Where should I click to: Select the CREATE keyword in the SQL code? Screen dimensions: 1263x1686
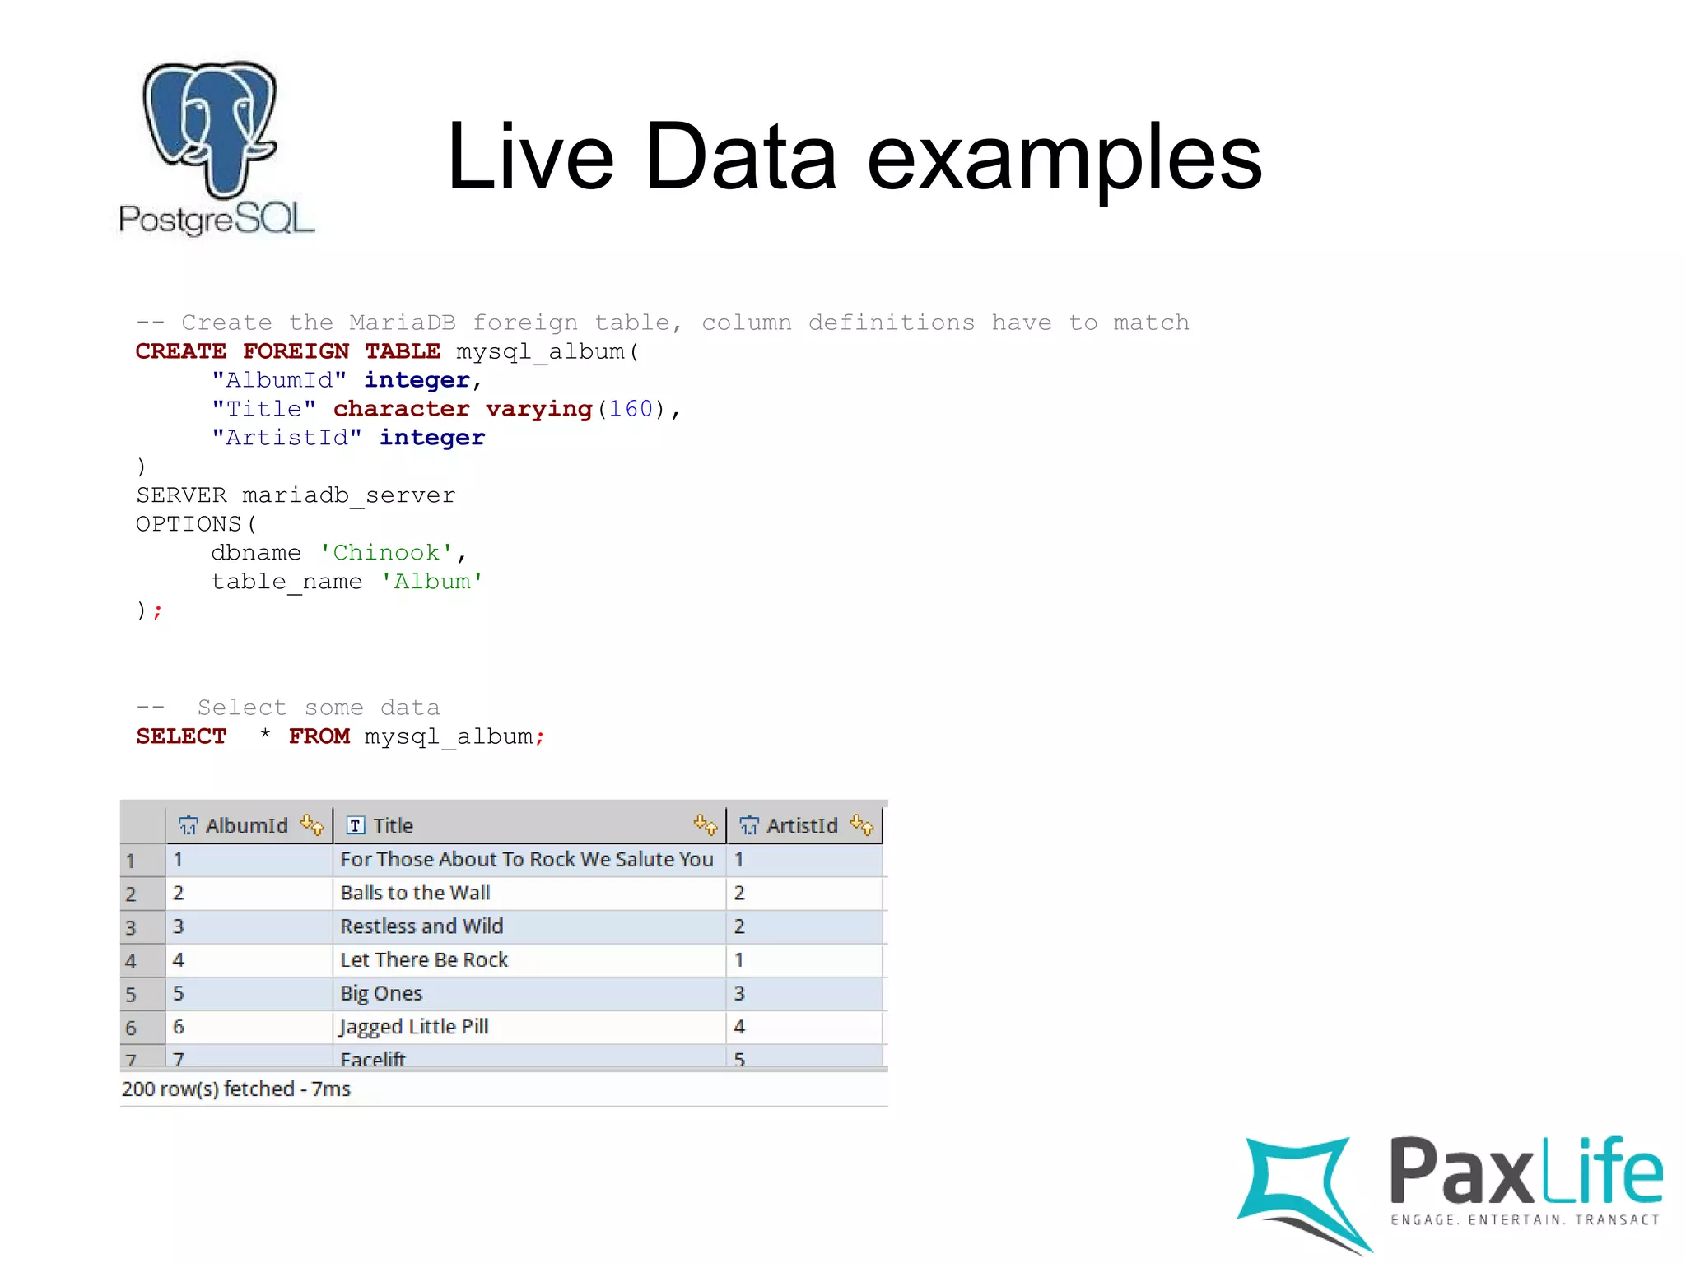180,351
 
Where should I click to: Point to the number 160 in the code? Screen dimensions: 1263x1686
630,409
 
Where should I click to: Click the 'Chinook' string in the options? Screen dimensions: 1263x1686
385,553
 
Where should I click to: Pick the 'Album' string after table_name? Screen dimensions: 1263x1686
431,582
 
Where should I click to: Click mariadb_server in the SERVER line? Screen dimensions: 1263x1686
348,495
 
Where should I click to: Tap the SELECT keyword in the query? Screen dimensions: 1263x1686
180,736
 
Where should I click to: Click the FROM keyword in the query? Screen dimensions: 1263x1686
319,736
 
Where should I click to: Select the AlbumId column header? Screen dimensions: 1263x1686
246,825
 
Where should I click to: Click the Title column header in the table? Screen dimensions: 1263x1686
393,825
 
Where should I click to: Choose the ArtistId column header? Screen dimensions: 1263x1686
802,825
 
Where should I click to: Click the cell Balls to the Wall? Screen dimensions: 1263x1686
415,893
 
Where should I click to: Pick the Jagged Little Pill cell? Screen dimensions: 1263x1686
414,1027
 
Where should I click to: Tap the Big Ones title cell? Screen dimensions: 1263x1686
381,993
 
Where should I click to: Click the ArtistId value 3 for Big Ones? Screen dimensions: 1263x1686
739,993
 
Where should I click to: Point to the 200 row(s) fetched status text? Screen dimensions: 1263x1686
236,1089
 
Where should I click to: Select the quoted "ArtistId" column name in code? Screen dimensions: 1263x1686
286,438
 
